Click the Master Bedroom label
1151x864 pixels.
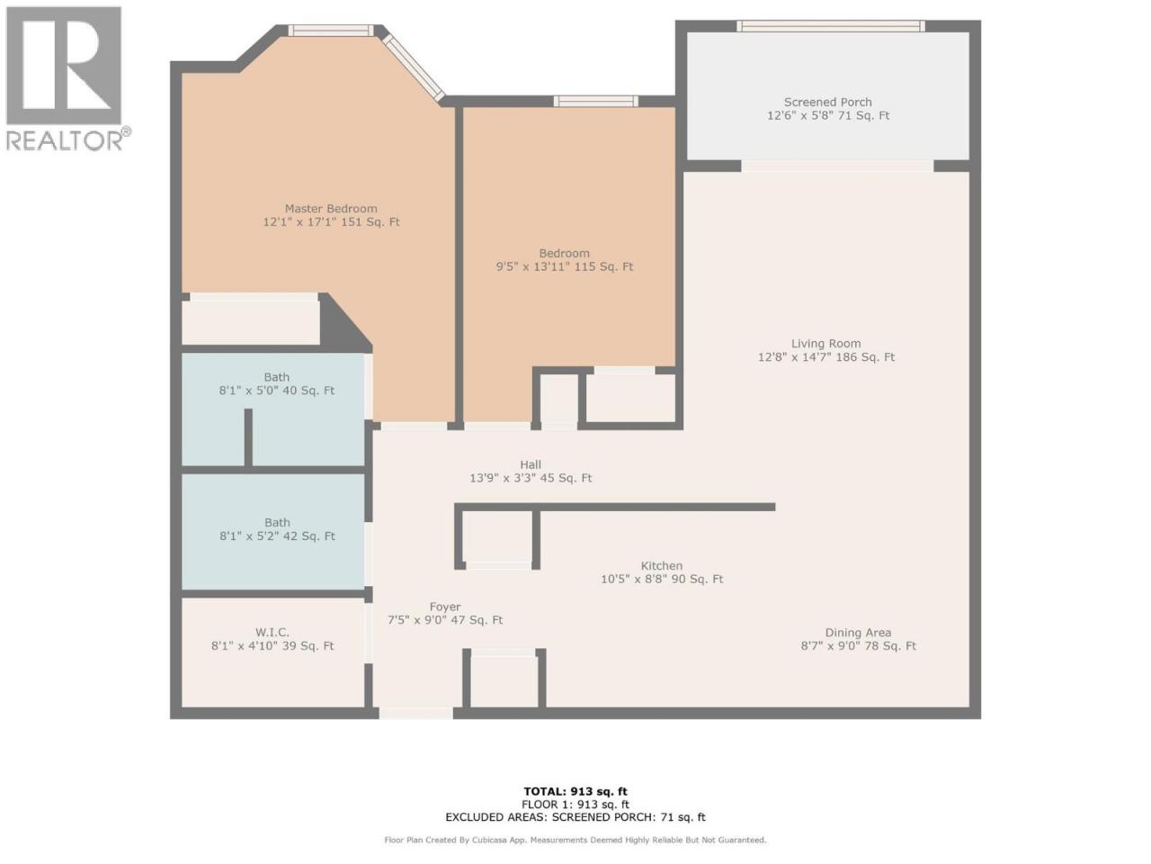tap(331, 209)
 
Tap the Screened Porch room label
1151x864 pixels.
tap(827, 103)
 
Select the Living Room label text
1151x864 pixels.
tap(825, 344)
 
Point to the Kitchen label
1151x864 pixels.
tap(661, 566)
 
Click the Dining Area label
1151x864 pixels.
tap(858, 633)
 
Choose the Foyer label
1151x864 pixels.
tap(445, 607)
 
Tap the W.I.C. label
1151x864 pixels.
tap(272, 633)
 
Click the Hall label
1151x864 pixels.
tap(531, 464)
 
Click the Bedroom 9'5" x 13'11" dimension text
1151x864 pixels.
tap(531, 266)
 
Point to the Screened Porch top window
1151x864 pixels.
tap(831, 26)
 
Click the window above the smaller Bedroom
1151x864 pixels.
tap(595, 101)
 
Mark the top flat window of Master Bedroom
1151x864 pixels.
tap(331, 31)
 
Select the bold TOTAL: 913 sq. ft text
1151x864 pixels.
tap(575, 791)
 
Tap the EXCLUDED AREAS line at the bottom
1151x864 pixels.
tap(575, 817)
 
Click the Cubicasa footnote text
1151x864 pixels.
tap(575, 840)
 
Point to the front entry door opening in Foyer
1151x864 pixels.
tap(415, 713)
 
